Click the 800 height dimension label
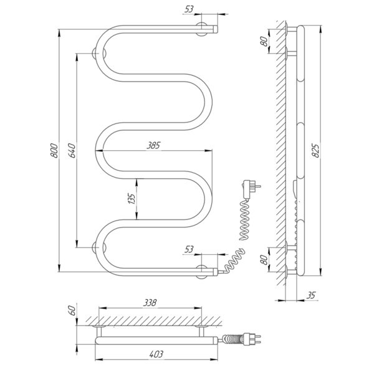pyautogui.click(x=54, y=150)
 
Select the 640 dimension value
pyautogui.click(x=72, y=150)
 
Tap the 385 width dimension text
pyautogui.click(x=153, y=145)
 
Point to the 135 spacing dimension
pyautogui.click(x=132, y=199)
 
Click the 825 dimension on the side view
pyautogui.click(x=315, y=150)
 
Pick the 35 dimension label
pyautogui.click(x=311, y=295)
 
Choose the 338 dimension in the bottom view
pyautogui.click(x=150, y=303)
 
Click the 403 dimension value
pyautogui.click(x=156, y=354)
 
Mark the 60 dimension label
pyautogui.click(x=72, y=310)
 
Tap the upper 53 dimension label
pyautogui.click(x=189, y=9)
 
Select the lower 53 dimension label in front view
pyautogui.click(x=189, y=249)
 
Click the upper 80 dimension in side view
pyautogui.click(x=264, y=41)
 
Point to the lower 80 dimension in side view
pyautogui.click(x=264, y=259)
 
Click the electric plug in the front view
pyautogui.click(x=249, y=189)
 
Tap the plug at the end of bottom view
pyautogui.click(x=252, y=339)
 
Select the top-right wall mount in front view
pyautogui.click(x=202, y=29)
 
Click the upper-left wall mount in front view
pyautogui.click(x=95, y=54)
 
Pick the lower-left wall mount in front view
pyautogui.click(x=95, y=247)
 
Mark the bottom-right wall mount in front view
pyautogui.click(x=202, y=272)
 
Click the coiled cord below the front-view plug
pyautogui.click(x=245, y=219)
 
